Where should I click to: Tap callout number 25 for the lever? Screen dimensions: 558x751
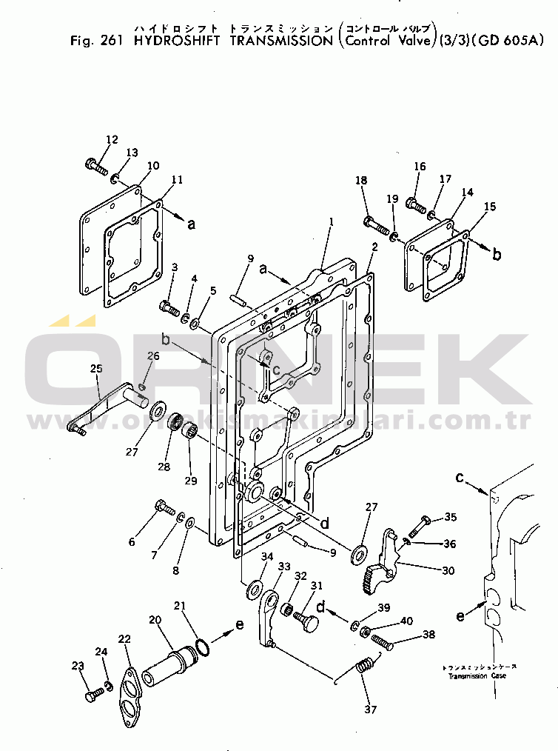pos(96,368)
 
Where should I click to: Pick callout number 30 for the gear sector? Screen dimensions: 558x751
pos(448,570)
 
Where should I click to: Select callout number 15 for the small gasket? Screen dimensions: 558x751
pos(489,207)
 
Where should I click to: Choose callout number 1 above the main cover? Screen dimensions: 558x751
pos(332,221)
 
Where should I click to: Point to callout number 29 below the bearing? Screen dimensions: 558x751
pos(191,481)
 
